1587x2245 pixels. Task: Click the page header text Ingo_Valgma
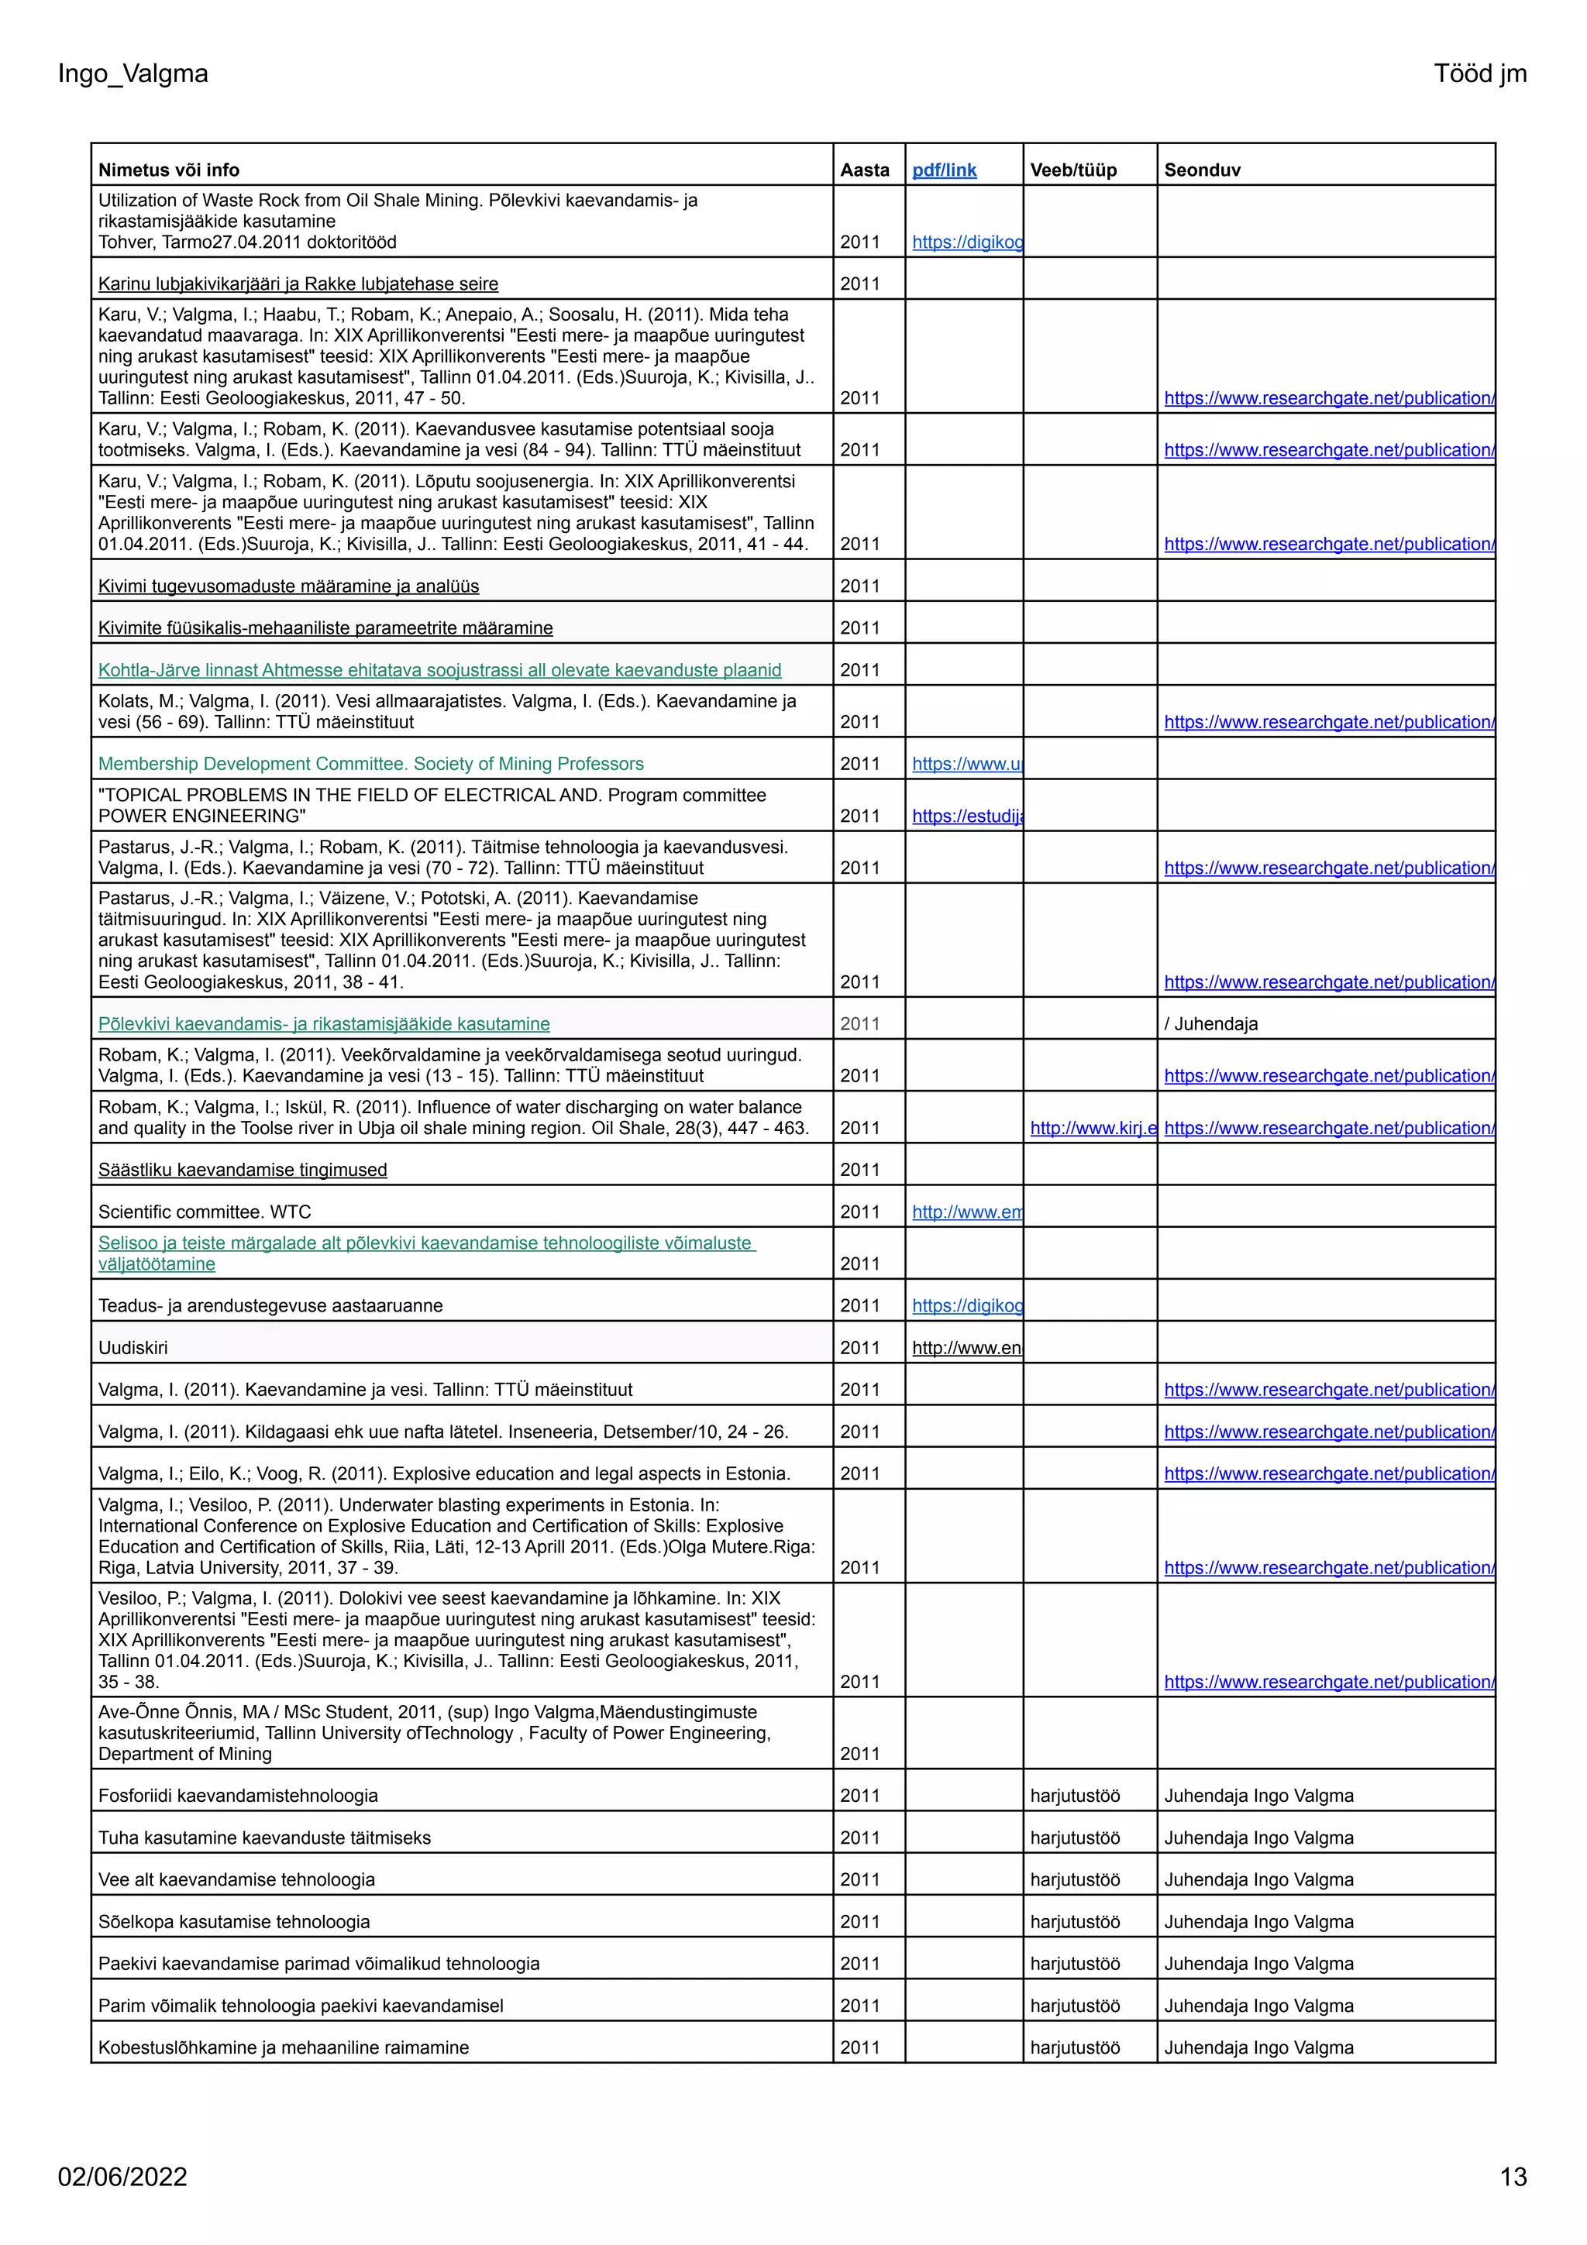pyautogui.click(x=133, y=74)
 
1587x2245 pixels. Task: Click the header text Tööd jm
pyautogui.click(x=1479, y=74)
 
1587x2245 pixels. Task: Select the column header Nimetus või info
pyautogui.click(x=168, y=170)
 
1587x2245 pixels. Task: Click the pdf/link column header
pyautogui.click(x=944, y=170)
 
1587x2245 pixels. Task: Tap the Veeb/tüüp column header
pyautogui.click(x=1072, y=170)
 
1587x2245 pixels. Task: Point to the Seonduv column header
pyautogui.click(x=1202, y=170)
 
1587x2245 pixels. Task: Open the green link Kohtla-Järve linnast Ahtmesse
pyautogui.click(x=439, y=670)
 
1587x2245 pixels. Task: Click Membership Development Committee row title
pyautogui.click(x=370, y=764)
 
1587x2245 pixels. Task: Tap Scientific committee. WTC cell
pyautogui.click(x=205, y=1212)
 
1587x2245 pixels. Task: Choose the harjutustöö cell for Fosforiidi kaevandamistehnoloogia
pyautogui.click(x=1075, y=1795)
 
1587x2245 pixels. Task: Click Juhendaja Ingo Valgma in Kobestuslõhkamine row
pyautogui.click(x=1258, y=2047)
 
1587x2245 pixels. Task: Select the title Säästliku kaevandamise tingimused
pyautogui.click(x=243, y=1170)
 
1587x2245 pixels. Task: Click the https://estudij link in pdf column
pyautogui.click(x=966, y=816)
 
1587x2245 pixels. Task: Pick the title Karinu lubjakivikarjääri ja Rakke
pyautogui.click(x=298, y=284)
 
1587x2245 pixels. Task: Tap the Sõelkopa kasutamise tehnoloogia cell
pyautogui.click(x=234, y=1921)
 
